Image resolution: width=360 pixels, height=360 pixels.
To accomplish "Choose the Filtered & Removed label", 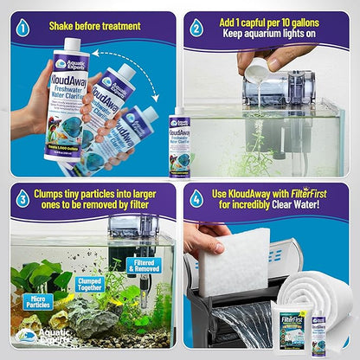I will (143, 265).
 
